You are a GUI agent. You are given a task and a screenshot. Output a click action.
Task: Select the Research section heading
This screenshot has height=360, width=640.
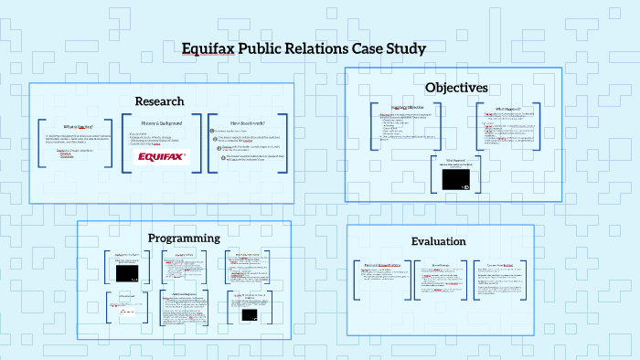(159, 101)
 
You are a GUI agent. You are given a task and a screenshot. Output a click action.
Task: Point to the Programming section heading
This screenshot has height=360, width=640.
(185, 238)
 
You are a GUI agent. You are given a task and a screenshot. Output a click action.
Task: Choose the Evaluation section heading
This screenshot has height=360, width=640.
(439, 241)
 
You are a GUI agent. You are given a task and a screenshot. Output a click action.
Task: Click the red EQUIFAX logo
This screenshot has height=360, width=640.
(161, 156)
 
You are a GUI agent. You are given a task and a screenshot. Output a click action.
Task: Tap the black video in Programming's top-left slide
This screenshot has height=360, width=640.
(127, 273)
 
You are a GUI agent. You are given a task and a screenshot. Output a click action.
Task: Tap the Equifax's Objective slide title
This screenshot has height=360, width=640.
(406, 107)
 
